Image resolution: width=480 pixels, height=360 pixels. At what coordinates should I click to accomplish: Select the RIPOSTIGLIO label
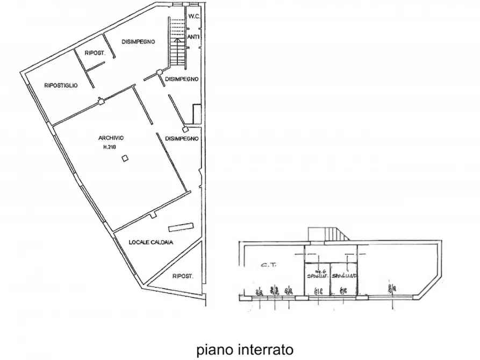61,85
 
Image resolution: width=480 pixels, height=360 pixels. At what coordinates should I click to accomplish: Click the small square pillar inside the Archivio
124,158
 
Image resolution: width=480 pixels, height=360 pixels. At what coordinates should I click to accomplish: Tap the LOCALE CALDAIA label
151,242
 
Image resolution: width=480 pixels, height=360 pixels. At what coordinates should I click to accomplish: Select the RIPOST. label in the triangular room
182,276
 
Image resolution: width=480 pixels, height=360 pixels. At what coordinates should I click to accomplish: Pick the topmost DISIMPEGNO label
138,41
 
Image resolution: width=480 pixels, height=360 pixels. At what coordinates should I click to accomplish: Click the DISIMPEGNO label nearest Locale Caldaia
182,138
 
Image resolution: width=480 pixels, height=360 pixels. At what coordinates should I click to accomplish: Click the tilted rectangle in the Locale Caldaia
180,226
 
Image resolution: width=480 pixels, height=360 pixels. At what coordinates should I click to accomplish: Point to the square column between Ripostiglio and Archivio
101,98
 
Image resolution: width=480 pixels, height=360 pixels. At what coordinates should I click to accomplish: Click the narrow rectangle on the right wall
196,113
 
